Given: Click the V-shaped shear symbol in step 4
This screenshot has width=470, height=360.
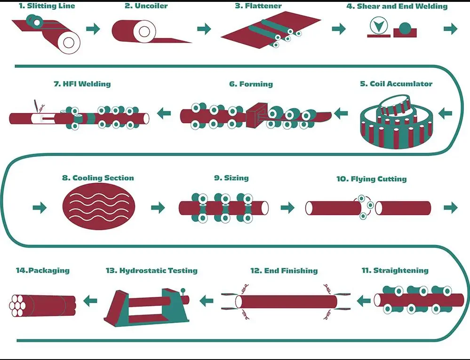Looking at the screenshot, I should point(377,27).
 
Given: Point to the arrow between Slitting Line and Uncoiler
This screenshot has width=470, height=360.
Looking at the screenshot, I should point(93,29).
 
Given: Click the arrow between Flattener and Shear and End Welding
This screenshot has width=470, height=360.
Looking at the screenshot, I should point(338,29).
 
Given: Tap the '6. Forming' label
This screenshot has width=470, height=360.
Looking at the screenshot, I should point(251,84).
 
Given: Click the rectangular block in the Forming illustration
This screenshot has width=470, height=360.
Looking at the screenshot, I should point(256,113).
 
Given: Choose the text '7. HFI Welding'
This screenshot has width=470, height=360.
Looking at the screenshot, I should point(82,84).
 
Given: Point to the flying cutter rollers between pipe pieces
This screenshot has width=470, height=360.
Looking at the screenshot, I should point(364,207).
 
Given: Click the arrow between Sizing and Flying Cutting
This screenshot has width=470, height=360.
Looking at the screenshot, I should point(287,207).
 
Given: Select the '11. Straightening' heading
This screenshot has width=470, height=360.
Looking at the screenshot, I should point(395,270).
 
